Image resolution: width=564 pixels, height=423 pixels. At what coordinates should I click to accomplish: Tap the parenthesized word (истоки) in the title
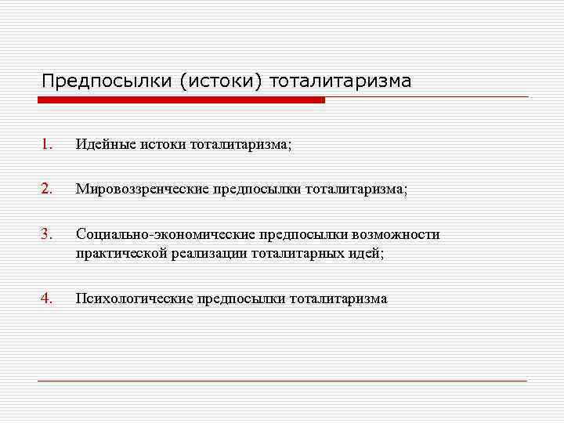point(222,81)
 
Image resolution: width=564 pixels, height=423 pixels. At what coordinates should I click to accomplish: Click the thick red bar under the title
point(181,100)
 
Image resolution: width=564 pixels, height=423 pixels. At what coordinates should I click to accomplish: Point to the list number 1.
point(47,143)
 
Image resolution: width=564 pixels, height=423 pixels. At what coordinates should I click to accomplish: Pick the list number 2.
point(47,188)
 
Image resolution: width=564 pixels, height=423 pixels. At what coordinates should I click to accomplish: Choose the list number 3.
point(47,233)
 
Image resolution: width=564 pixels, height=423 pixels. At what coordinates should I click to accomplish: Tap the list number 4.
point(47,298)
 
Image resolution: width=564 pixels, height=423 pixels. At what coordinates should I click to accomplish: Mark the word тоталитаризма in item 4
point(338,298)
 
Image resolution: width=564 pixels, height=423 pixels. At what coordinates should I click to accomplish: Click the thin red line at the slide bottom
point(282,381)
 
